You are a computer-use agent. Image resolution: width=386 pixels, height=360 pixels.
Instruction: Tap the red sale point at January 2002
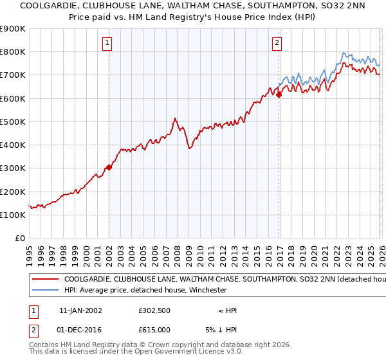pos(109,168)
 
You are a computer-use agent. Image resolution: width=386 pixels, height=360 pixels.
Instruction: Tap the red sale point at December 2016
pos(279,95)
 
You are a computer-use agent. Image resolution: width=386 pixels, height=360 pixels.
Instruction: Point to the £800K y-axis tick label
pos(13,52)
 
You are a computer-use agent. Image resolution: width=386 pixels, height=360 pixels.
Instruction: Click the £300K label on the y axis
pos(13,168)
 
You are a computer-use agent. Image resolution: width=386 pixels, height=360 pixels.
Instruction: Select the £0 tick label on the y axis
pos(19,239)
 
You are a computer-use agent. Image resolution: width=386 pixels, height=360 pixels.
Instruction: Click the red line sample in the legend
pos(45,280)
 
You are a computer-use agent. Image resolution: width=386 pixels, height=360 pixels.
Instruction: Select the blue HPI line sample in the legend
pos(45,291)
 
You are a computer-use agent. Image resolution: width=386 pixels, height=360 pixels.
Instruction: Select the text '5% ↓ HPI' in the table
pos(223,330)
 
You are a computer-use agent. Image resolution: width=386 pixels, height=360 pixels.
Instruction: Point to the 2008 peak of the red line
pos(175,118)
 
